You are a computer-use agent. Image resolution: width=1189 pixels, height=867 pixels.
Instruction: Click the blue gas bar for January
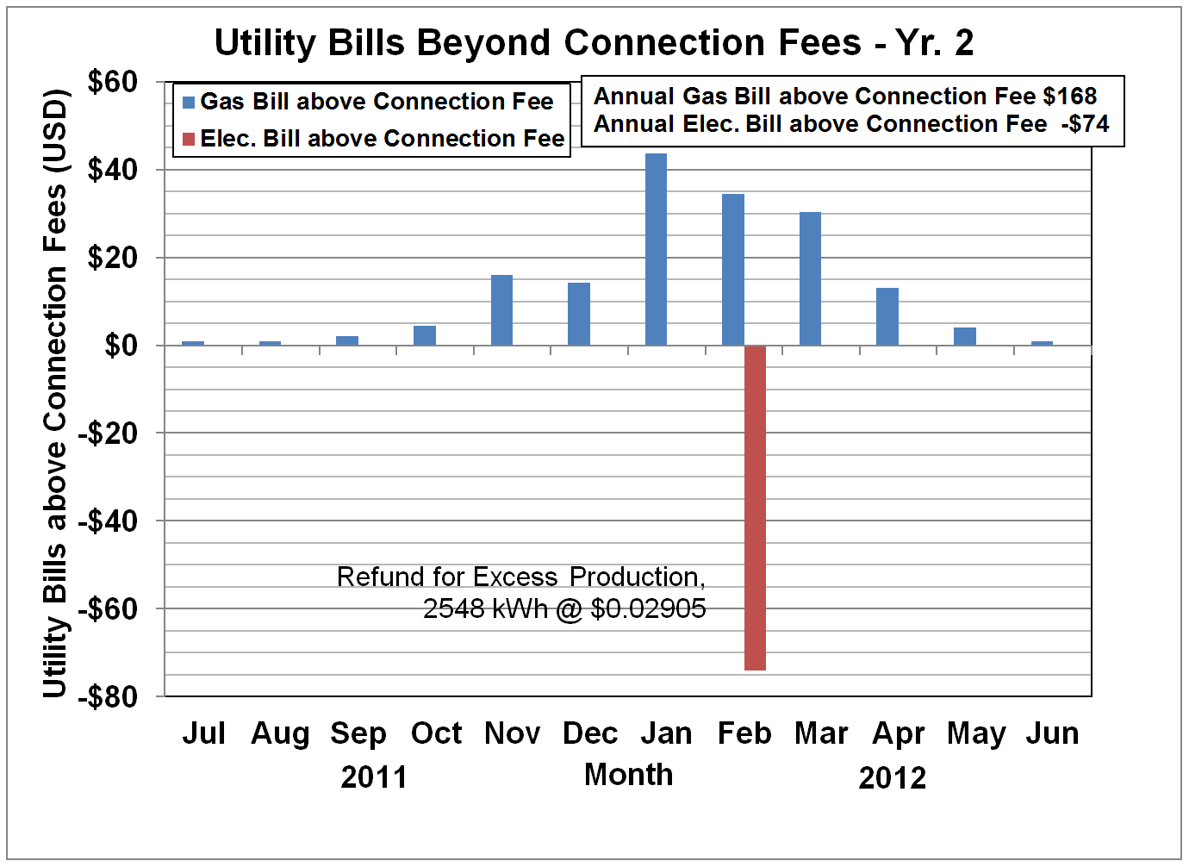tap(656, 250)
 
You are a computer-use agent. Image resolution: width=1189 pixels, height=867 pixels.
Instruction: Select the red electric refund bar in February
tap(755, 508)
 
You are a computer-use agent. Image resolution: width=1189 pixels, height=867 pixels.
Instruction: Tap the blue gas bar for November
tap(501, 310)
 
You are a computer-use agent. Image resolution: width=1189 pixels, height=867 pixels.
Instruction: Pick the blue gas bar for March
tap(810, 278)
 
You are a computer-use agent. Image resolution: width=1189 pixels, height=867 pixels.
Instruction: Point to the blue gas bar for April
tap(887, 316)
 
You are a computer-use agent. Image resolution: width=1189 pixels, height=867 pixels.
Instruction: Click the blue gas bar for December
tap(579, 314)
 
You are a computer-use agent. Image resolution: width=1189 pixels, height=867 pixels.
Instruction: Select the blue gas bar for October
tap(425, 335)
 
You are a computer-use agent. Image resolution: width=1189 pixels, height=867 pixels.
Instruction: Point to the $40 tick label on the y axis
tap(113, 170)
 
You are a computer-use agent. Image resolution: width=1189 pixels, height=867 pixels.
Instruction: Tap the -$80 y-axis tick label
tap(108, 696)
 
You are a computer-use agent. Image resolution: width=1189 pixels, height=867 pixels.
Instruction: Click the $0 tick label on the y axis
tap(121, 346)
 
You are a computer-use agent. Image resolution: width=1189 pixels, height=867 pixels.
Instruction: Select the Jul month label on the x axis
tap(204, 733)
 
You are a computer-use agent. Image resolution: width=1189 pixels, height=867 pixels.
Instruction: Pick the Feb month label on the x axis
tap(744, 733)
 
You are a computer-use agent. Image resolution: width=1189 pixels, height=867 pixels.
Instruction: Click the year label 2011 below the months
tap(374, 777)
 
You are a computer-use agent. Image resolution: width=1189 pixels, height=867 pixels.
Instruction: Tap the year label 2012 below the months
tap(892, 778)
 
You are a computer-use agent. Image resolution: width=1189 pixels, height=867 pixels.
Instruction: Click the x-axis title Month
tap(629, 775)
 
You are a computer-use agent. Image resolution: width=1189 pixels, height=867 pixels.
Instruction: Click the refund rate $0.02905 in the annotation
tap(648, 609)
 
